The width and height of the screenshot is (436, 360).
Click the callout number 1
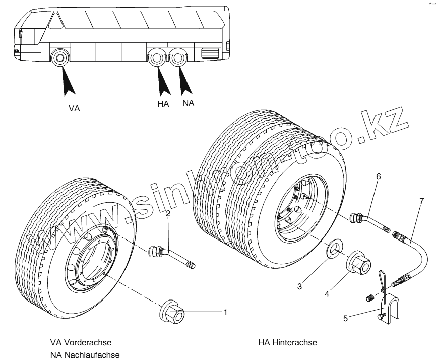click(x=225, y=313)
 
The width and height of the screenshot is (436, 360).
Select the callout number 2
click(x=168, y=214)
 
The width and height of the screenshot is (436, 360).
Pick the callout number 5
click(x=345, y=318)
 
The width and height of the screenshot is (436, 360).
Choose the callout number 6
click(x=379, y=176)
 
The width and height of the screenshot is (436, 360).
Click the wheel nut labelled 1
click(x=173, y=312)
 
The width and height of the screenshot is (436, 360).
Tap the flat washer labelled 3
click(x=333, y=250)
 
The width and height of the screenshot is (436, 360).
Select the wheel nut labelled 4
click(x=358, y=261)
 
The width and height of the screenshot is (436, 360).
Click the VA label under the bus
click(x=74, y=108)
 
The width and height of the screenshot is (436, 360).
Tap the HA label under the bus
click(x=163, y=104)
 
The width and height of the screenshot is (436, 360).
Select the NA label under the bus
click(x=189, y=103)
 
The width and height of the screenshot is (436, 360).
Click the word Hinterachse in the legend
click(x=295, y=343)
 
